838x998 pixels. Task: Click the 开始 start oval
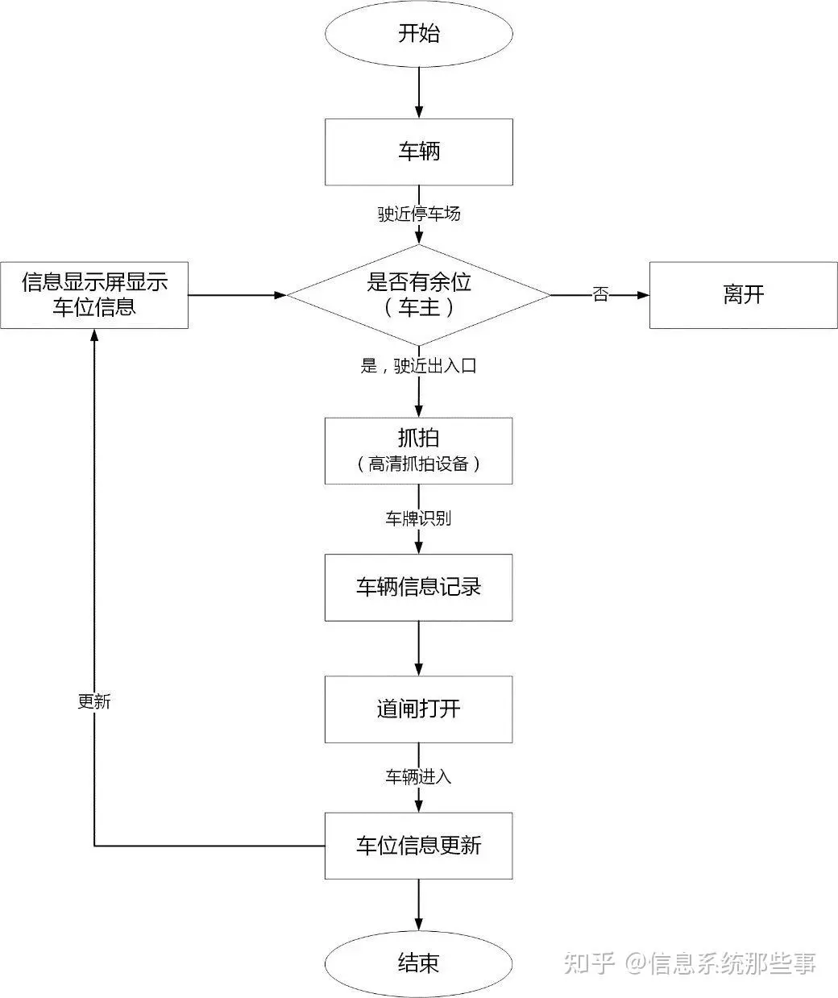[x=419, y=34]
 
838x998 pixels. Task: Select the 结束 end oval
[x=418, y=963]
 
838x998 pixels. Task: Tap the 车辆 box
[x=419, y=152]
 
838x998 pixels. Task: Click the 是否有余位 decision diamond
[x=419, y=295]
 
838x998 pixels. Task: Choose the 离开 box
[x=744, y=295]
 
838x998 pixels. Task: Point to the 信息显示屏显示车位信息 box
[x=94, y=295]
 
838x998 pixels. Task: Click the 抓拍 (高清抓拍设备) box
[x=418, y=451]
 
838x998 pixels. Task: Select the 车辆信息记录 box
[x=418, y=588]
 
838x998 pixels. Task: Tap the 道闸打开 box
[x=418, y=709]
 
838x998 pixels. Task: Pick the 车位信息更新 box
[x=418, y=846]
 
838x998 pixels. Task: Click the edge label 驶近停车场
[x=419, y=214]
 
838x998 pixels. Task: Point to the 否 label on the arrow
[x=600, y=294]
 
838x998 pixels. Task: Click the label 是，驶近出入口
[x=418, y=366]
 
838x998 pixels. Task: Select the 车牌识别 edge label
[x=418, y=518]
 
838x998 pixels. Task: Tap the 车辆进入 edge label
[x=418, y=776]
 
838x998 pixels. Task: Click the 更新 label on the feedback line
[x=94, y=701]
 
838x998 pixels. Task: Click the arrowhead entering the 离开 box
[x=643, y=295]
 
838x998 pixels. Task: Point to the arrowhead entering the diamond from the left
[x=280, y=295]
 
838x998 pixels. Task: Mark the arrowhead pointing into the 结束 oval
[x=418, y=924]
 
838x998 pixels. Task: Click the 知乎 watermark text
[x=589, y=963]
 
